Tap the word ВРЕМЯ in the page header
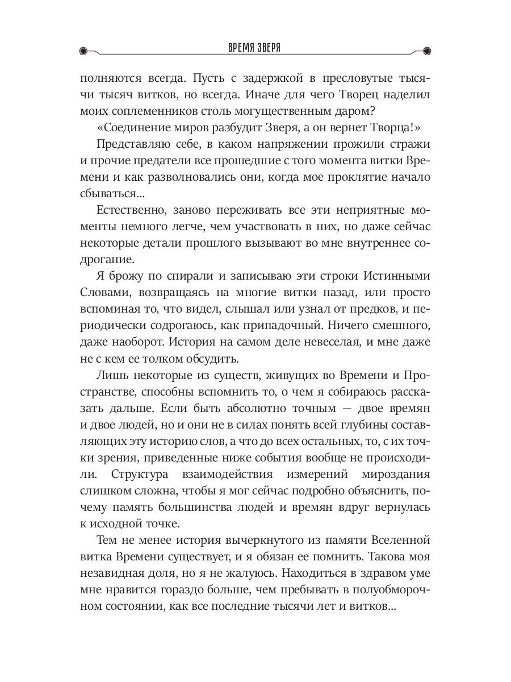click(237, 49)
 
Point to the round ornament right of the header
click(427, 50)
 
